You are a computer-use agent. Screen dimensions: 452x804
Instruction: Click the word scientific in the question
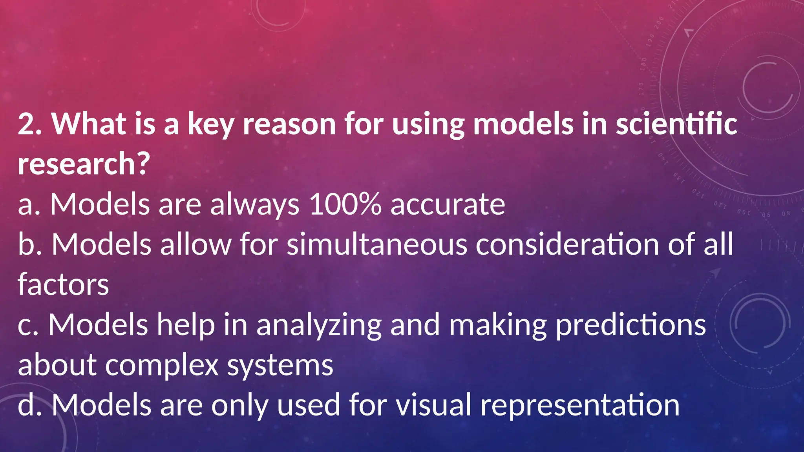point(676,124)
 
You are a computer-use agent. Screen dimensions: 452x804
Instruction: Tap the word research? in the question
point(84,164)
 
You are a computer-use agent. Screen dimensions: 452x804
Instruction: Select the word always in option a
point(255,205)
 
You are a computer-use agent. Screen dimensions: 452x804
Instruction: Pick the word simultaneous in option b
point(377,244)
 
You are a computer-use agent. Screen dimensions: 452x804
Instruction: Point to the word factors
point(63,284)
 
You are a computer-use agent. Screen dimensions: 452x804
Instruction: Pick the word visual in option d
point(433,405)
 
